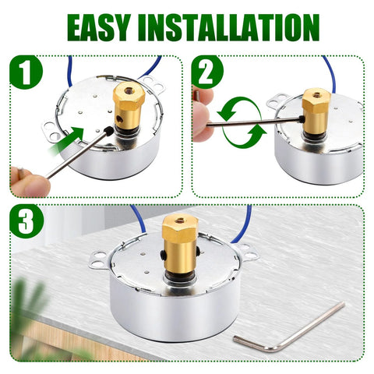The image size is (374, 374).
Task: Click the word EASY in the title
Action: pos(102,27)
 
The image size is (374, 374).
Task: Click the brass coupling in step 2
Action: pos(316,111)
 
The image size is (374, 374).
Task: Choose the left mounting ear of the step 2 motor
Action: pos(278,101)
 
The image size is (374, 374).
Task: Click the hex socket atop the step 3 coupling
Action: pos(179,221)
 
